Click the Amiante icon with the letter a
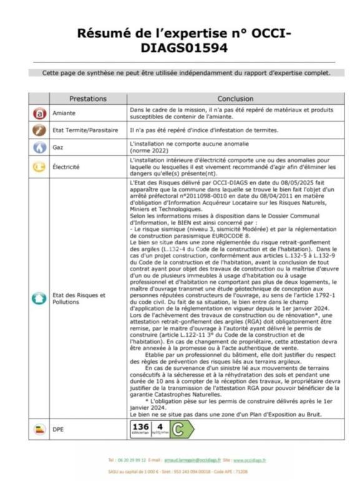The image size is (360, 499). click(39, 114)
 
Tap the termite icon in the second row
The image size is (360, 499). click(39, 130)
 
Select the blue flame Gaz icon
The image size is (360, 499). click(39, 148)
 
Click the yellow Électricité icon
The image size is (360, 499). click(39, 167)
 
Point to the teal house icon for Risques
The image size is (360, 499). click(39, 298)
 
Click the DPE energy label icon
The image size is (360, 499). click(39, 429)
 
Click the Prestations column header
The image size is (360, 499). click(88, 99)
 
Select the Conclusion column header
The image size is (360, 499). click(235, 99)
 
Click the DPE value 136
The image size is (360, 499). click(141, 427)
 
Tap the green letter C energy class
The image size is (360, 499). click(178, 429)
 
